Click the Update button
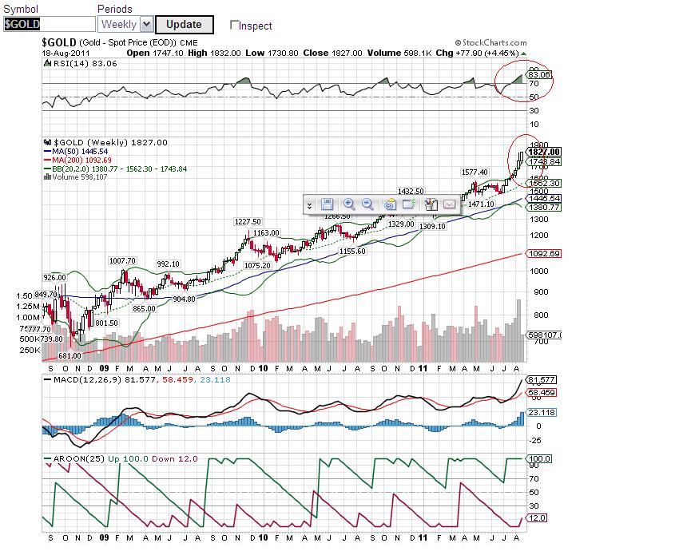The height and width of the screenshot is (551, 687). pos(184,25)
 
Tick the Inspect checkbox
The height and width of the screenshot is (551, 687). pos(235,26)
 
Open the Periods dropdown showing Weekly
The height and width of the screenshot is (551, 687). pos(125,25)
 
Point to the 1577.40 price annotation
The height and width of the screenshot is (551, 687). pos(475,172)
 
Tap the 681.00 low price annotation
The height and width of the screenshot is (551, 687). pos(72,355)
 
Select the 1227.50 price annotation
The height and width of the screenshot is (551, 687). pos(248,221)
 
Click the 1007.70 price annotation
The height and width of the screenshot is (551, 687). pos(123,260)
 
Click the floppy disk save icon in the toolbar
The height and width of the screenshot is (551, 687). pos(327,204)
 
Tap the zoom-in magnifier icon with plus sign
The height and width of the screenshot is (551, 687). pos(349,204)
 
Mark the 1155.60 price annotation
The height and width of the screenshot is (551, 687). pos(351,251)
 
